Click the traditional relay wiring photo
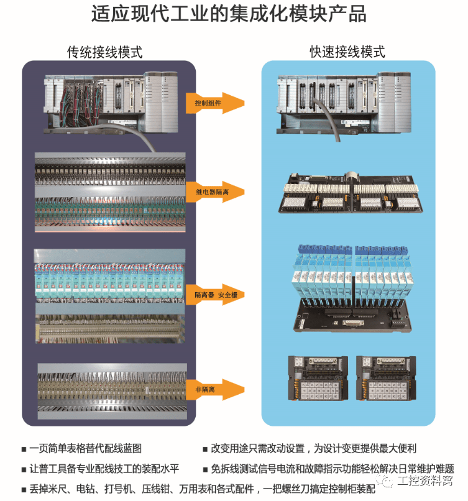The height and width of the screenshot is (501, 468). (111, 193)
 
